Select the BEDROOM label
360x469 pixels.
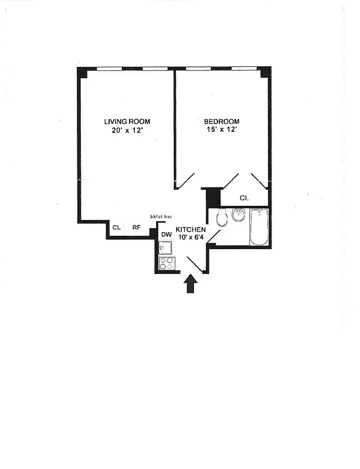pos(222,121)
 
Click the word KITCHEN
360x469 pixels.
pos(191,229)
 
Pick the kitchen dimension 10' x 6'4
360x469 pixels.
pos(191,237)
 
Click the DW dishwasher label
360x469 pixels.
pos(167,235)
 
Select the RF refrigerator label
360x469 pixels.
pos(136,227)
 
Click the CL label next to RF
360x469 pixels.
pos(117,227)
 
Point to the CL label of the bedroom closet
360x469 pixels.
pos(244,198)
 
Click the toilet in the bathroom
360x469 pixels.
pos(222,219)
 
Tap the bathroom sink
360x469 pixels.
pos(238,215)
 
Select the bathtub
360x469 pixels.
pos(259,227)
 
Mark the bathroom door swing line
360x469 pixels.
pos(213,236)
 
